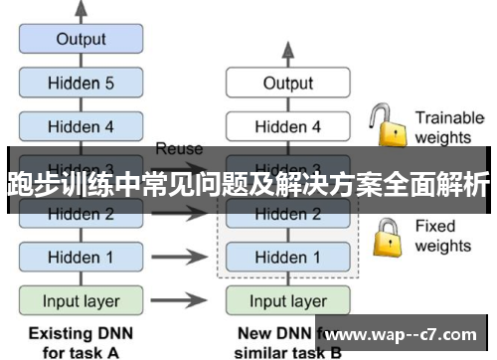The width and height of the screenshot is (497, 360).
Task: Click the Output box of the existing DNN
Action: pos(81,40)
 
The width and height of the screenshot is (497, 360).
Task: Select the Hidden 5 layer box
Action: pos(81,84)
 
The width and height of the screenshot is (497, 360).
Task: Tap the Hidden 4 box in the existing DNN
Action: pos(81,126)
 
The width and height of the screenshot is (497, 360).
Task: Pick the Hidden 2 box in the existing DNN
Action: pos(81,213)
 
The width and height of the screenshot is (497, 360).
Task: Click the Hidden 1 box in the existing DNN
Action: pos(81,257)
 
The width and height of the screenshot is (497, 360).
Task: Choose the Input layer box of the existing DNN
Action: pos(81,299)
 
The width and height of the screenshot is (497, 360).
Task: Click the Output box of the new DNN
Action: pos(287,84)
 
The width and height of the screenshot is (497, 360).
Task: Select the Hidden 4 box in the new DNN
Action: pos(287,126)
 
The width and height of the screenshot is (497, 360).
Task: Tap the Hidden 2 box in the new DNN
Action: pos(287,213)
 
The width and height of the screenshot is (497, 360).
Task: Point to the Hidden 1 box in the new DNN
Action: pos(287,257)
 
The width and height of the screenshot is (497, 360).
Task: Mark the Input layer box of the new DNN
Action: pos(287,299)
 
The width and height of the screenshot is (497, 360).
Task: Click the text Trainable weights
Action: pos(448,126)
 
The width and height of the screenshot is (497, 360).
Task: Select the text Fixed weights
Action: pos(443,236)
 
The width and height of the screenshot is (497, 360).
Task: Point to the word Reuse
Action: pos(179,148)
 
